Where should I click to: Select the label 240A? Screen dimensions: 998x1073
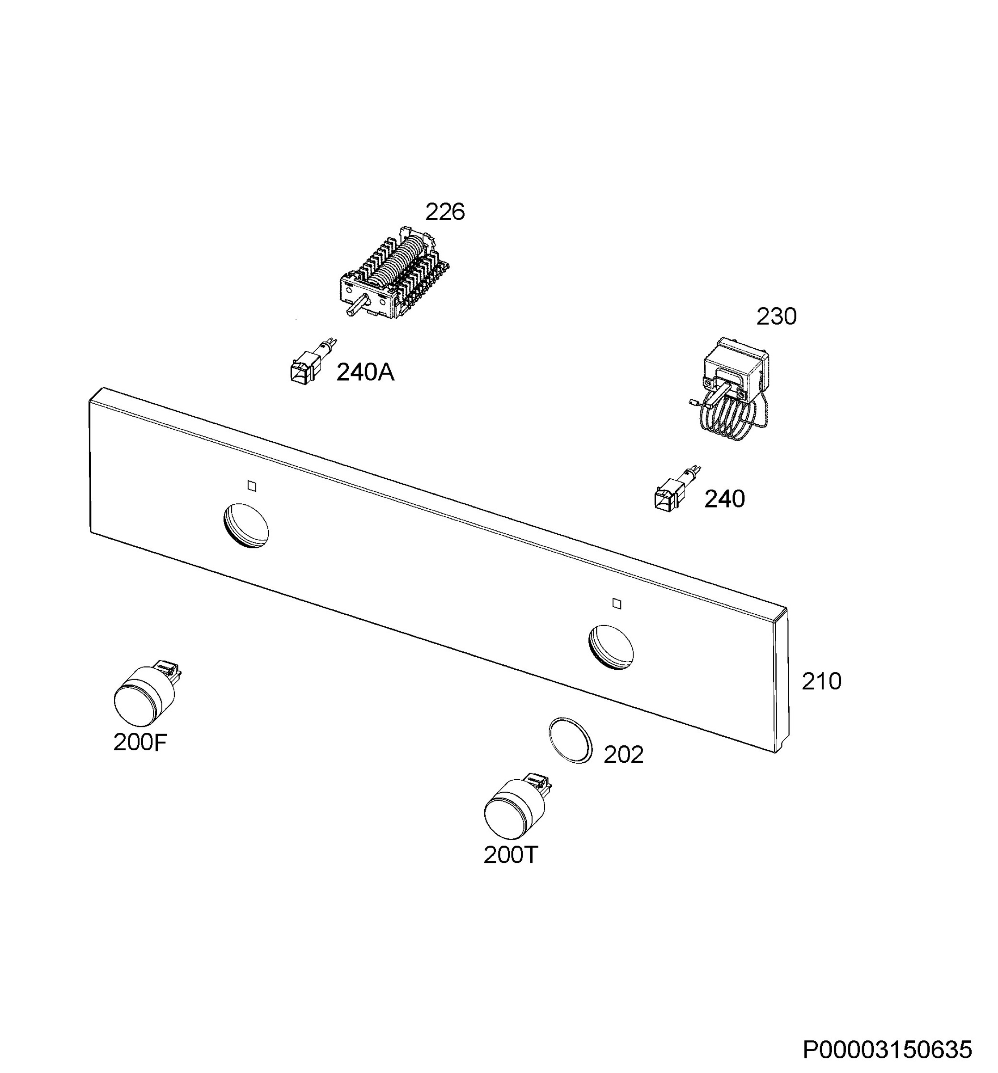(x=365, y=372)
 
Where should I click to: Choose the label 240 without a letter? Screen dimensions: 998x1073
(x=724, y=499)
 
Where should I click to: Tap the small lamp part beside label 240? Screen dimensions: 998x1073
(x=677, y=489)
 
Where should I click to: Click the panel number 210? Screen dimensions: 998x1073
(x=821, y=682)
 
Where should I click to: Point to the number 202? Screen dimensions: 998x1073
(x=623, y=755)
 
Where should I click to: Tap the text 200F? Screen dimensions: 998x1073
(x=140, y=743)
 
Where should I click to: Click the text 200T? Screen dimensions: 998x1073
(x=511, y=855)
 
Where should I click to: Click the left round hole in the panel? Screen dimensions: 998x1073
(x=245, y=526)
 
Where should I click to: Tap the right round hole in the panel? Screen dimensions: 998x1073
(x=611, y=647)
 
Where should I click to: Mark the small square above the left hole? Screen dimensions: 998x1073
(x=252, y=486)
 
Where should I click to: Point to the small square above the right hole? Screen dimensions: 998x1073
(x=617, y=604)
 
